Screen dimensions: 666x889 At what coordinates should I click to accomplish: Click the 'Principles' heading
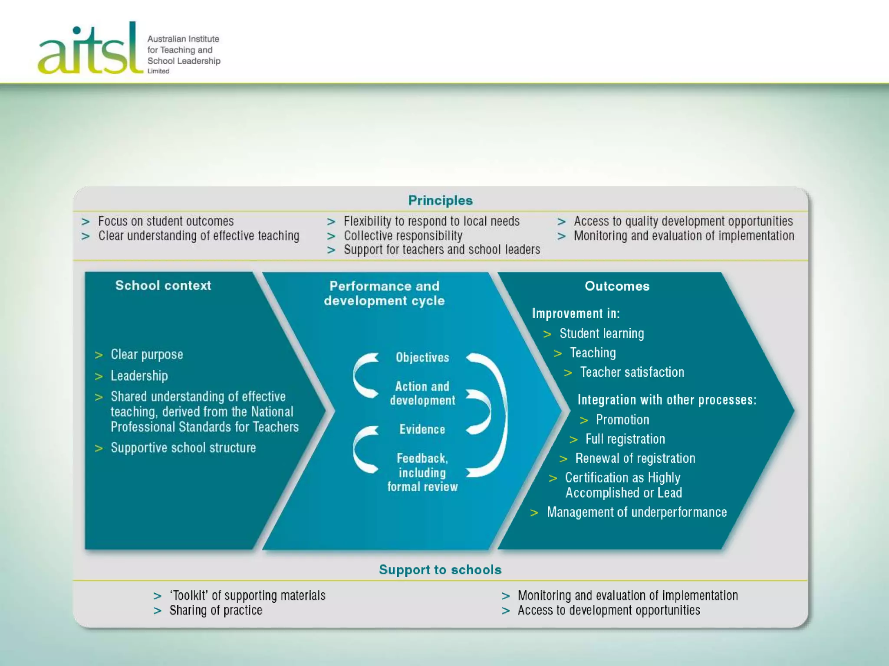(x=440, y=200)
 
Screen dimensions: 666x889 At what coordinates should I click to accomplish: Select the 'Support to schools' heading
(x=440, y=569)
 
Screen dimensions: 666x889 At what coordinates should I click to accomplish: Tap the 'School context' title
(x=163, y=285)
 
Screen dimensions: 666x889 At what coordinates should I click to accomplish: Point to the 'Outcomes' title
(x=617, y=286)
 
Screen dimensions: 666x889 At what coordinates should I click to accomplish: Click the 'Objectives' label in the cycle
(x=422, y=357)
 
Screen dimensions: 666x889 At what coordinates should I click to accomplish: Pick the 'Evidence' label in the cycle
(x=422, y=429)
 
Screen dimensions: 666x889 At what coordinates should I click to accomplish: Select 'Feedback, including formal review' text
(x=422, y=472)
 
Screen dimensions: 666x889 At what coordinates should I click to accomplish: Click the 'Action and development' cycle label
(x=422, y=393)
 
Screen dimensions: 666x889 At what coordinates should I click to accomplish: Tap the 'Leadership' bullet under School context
(x=139, y=375)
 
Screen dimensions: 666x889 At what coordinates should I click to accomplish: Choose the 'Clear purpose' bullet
(x=147, y=354)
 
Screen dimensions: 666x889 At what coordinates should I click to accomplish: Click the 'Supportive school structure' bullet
(x=183, y=447)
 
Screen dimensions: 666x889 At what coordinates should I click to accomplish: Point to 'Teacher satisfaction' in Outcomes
(x=632, y=372)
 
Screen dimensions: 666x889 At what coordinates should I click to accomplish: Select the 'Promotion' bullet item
(x=622, y=419)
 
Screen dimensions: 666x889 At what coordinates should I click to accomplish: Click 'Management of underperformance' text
(x=637, y=512)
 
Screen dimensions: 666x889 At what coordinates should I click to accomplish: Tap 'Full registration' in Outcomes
(x=625, y=439)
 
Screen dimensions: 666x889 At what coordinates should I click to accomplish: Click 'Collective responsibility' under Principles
(x=403, y=235)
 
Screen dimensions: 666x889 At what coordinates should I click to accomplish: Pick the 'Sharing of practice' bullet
(x=216, y=610)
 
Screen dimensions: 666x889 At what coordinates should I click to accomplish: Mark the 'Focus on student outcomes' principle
(x=166, y=221)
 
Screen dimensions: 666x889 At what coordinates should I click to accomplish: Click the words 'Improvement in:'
(x=576, y=313)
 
